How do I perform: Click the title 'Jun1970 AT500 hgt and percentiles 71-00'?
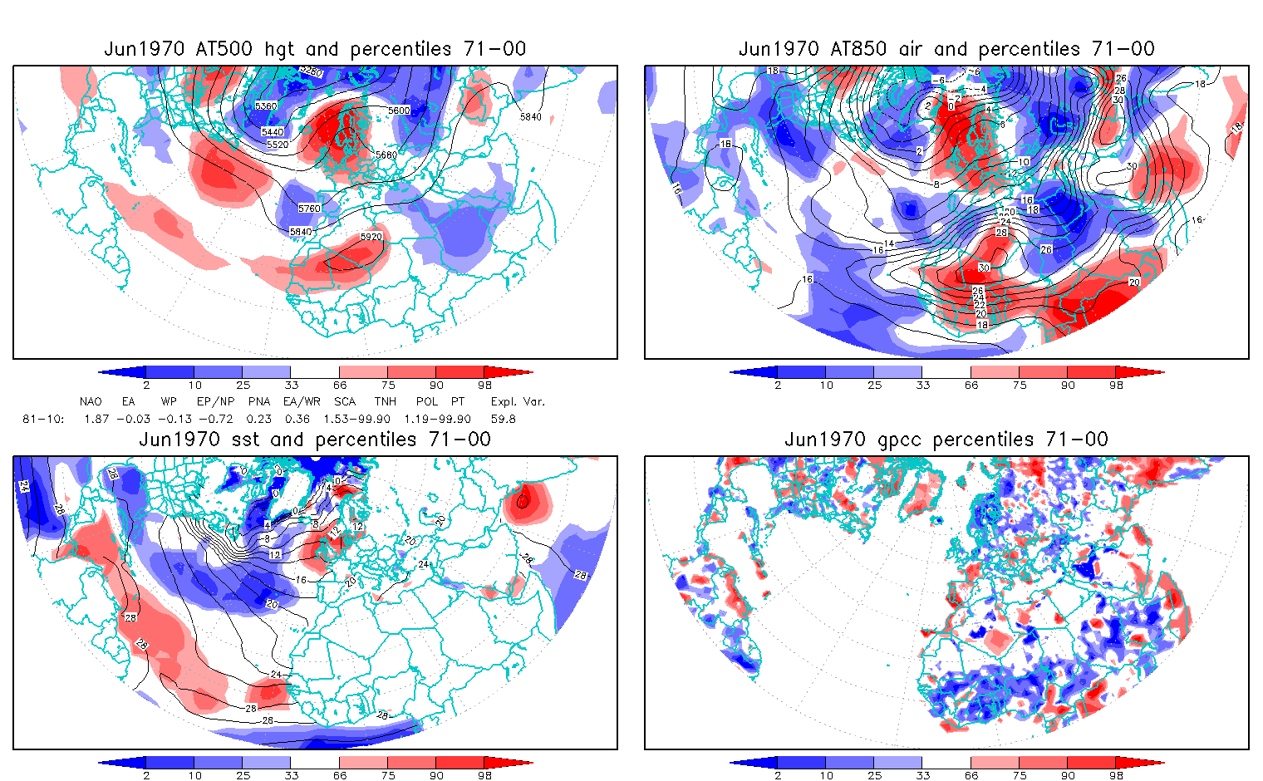coord(315,49)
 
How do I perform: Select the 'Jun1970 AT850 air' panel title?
coord(946,49)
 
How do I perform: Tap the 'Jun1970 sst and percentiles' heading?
coord(315,440)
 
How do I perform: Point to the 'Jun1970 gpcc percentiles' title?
coord(946,440)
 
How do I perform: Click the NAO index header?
coord(91,401)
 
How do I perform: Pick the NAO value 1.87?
coord(96,419)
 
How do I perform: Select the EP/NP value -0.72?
coord(216,419)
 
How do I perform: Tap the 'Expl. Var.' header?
coord(518,401)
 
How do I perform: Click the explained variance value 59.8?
coord(503,419)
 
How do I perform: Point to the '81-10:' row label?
coord(43,419)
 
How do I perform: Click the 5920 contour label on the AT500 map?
coord(371,237)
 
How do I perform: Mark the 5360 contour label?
coord(266,106)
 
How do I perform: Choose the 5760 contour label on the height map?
coord(309,209)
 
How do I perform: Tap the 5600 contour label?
coord(399,111)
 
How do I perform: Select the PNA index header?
coord(259,401)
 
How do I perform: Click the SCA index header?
coord(345,401)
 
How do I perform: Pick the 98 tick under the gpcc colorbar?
coord(1117,775)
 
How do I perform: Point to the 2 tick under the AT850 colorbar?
coord(778,385)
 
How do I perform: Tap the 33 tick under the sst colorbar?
coord(291,775)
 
